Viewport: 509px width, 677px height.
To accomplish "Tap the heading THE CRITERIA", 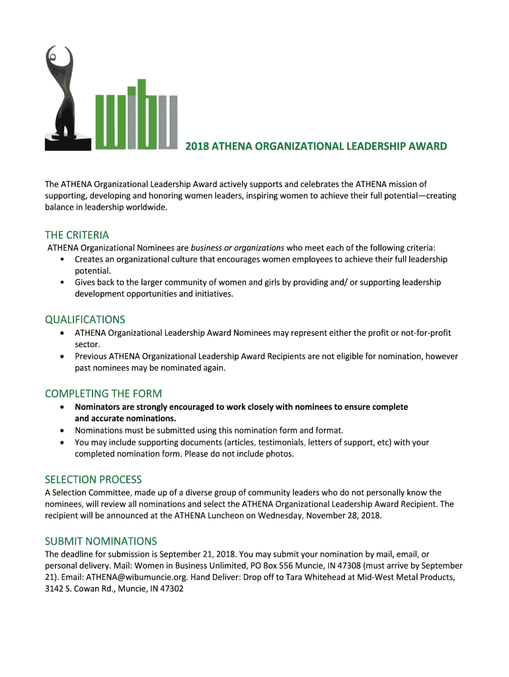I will coord(77,235).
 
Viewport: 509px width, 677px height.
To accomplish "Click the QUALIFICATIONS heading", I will coord(85,319).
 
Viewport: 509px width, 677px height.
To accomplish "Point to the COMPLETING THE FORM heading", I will coord(103,393).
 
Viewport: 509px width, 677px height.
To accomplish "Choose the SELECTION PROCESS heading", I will coord(93,479).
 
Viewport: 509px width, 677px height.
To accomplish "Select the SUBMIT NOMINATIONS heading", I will coord(100,541).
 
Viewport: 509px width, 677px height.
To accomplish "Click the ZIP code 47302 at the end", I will coord(169,588).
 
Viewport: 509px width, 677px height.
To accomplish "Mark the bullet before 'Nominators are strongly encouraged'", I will coord(61,407).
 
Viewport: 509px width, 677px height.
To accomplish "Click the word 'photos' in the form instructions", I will coord(278,454).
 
